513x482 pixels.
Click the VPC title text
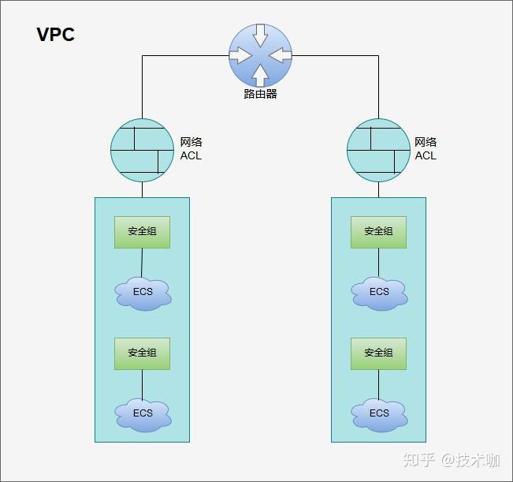click(x=55, y=35)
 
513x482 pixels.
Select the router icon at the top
click(x=260, y=55)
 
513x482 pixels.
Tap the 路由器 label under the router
click(x=260, y=95)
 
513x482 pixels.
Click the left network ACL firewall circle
click(x=142, y=150)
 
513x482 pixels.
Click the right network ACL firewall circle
click(x=378, y=150)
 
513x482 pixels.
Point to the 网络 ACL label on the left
click(x=191, y=149)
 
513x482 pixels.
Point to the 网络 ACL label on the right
click(x=426, y=149)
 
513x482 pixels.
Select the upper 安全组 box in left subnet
click(x=142, y=232)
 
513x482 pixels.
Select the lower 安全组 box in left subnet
click(x=142, y=353)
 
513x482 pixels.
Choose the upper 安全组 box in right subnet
click(x=378, y=232)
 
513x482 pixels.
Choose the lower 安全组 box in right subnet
click(x=378, y=353)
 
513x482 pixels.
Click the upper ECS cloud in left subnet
click(x=143, y=293)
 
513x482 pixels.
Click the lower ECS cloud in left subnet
click(x=143, y=413)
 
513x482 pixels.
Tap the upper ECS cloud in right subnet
click(x=379, y=293)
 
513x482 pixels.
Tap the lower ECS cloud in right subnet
click(x=379, y=413)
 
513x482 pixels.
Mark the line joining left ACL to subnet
click(x=142, y=189)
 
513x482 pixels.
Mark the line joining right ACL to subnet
click(x=378, y=189)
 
